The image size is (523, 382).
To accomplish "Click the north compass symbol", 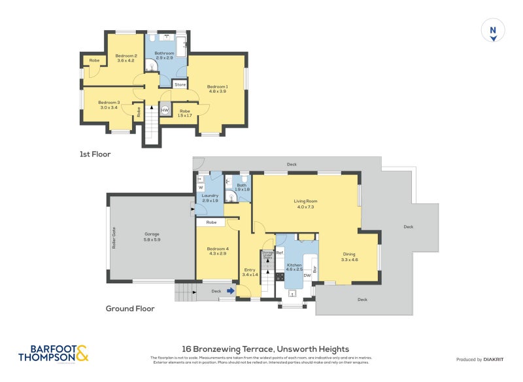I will (x=494, y=31).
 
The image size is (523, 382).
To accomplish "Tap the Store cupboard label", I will (x=180, y=84).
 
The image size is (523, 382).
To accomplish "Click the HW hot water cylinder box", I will (x=165, y=111).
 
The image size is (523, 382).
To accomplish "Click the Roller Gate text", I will (x=114, y=238).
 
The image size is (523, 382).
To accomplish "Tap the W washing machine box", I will (x=201, y=187).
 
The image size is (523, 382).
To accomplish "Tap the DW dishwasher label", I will (x=306, y=275).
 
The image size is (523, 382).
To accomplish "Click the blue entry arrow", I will (x=231, y=291).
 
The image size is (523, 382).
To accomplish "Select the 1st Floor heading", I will (x=95, y=154).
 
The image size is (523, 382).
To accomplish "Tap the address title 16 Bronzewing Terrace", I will (x=265, y=349).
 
